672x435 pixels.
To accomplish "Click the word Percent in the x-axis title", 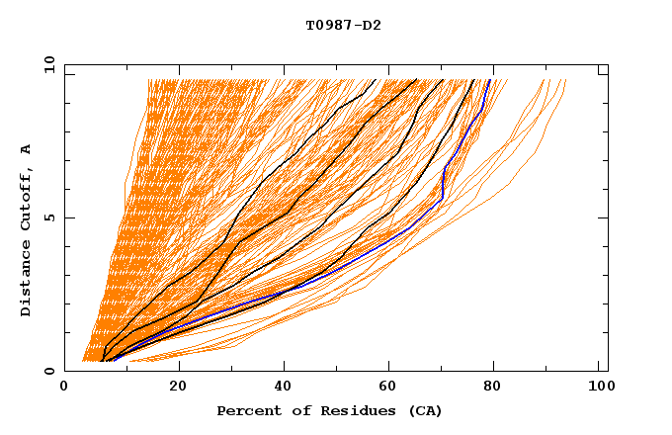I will point(245,410).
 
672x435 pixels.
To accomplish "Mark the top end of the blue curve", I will point(490,80).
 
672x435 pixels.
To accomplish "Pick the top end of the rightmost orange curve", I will point(565,80).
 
